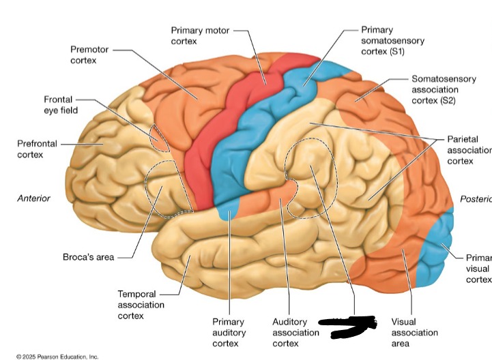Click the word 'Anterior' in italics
[33, 198]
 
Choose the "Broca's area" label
[88, 257]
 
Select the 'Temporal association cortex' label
[141, 305]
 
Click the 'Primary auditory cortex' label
[229, 332]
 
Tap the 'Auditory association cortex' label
[295, 332]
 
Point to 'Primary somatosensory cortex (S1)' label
[392, 41]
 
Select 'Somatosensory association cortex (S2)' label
[444, 89]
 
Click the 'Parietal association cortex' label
[467, 149]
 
